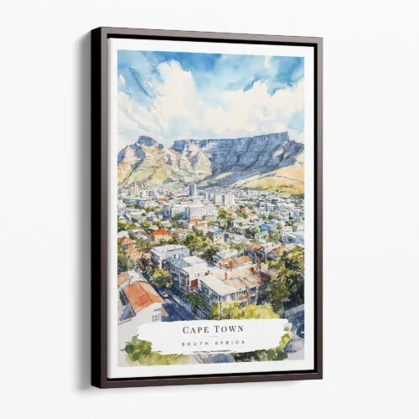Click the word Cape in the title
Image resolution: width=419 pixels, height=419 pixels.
pyautogui.click(x=194, y=330)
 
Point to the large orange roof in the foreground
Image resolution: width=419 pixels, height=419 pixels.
pyautogui.click(x=142, y=295)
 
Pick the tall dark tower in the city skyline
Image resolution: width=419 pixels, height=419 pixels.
pyautogui.click(x=192, y=190)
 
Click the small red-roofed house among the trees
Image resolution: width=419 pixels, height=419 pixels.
pyautogui.click(x=162, y=235)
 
